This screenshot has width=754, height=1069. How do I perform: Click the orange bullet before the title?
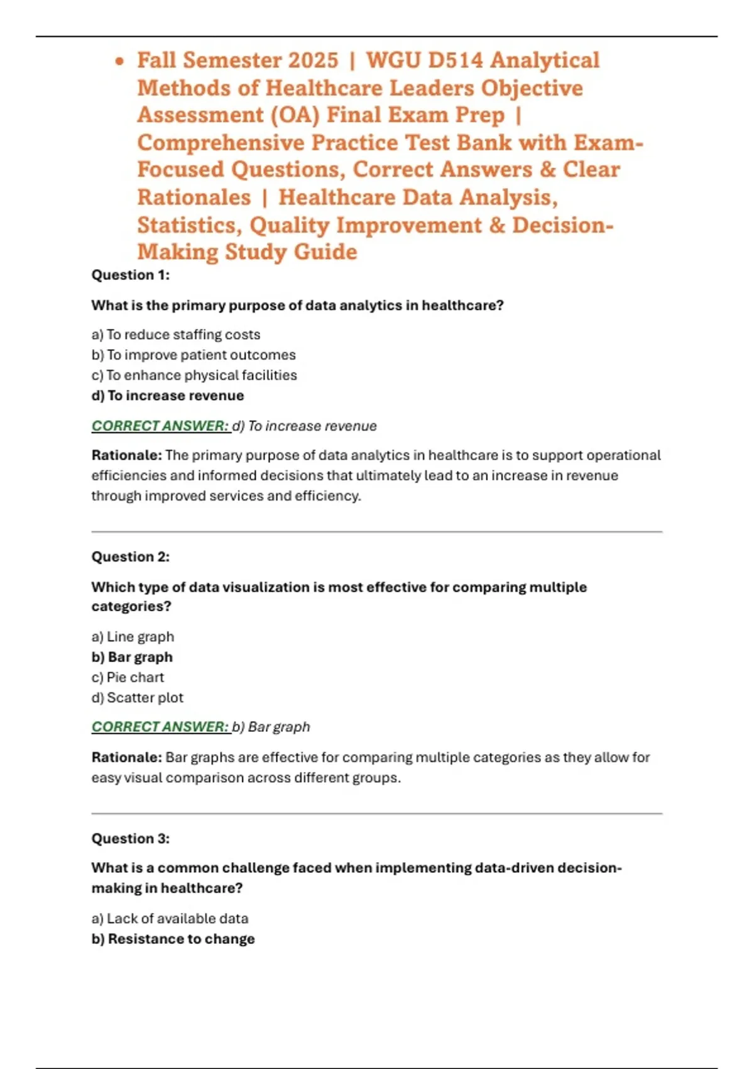pyautogui.click(x=120, y=62)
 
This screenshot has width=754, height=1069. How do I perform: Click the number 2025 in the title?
pyautogui.click(x=313, y=60)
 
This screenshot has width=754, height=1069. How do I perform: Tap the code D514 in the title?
pyautogui.click(x=455, y=60)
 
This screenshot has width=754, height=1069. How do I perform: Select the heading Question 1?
pyautogui.click(x=131, y=275)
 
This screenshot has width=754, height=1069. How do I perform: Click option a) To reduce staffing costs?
pyautogui.click(x=176, y=335)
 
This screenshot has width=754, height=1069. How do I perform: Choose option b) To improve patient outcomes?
pyautogui.click(x=194, y=355)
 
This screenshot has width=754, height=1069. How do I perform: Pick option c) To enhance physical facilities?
pyautogui.click(x=194, y=375)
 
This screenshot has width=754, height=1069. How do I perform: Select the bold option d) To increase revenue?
pyautogui.click(x=168, y=396)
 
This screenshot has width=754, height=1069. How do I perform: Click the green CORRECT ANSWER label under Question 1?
pyautogui.click(x=160, y=426)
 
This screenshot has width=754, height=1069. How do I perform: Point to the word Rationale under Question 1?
pyautogui.click(x=126, y=455)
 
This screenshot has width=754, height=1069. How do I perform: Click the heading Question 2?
pyautogui.click(x=131, y=557)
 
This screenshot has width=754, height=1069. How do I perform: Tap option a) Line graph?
pyautogui.click(x=133, y=636)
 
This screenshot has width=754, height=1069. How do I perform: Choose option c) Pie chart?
pyautogui.click(x=128, y=677)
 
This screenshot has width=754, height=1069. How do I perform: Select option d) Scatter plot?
pyautogui.click(x=138, y=697)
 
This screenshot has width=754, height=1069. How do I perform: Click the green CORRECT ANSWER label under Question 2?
pyautogui.click(x=160, y=727)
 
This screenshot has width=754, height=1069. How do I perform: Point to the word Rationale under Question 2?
pyautogui.click(x=126, y=757)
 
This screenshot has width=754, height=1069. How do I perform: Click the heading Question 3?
pyautogui.click(x=131, y=838)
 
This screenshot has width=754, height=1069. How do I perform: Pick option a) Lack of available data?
pyautogui.click(x=170, y=919)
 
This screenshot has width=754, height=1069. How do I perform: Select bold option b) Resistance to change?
pyautogui.click(x=173, y=939)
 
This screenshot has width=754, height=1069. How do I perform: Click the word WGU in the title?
pyautogui.click(x=393, y=60)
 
